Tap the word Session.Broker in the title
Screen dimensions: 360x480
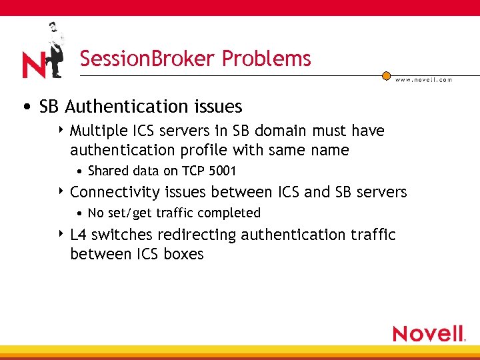148,59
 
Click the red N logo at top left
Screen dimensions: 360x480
33,65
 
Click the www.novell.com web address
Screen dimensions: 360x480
423,80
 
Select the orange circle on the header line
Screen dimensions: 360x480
386,76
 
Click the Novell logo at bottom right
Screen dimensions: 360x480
429,333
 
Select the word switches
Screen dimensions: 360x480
121,235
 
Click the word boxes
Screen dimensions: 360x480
183,254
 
